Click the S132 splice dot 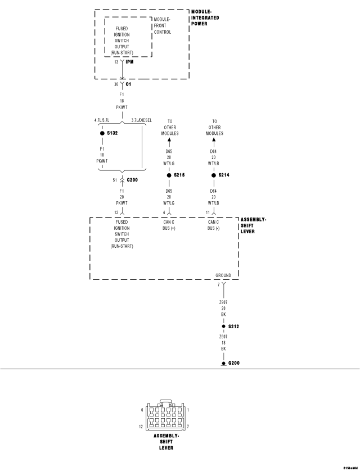pyautogui.click(x=102, y=134)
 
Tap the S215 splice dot pyautogui.click(x=169, y=175)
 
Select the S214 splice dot pyautogui.click(x=214, y=175)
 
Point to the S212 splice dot pyautogui.click(x=223, y=326)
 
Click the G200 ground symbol pyautogui.click(x=223, y=363)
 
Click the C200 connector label pyautogui.click(x=132, y=179)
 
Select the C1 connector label pyautogui.click(x=128, y=84)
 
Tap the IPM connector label pyautogui.click(x=129, y=62)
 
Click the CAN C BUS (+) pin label pyautogui.click(x=169, y=225)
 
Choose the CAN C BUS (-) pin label pyautogui.click(x=214, y=225)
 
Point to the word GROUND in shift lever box pyautogui.click(x=223, y=275)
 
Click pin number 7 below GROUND pyautogui.click(x=218, y=285)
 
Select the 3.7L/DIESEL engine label pyautogui.click(x=141, y=120)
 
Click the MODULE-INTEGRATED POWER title pyautogui.click(x=205, y=17)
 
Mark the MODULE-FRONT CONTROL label pyautogui.click(x=162, y=26)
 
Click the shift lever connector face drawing pyautogui.click(x=166, y=416)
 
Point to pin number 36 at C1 pyautogui.click(x=116, y=84)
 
